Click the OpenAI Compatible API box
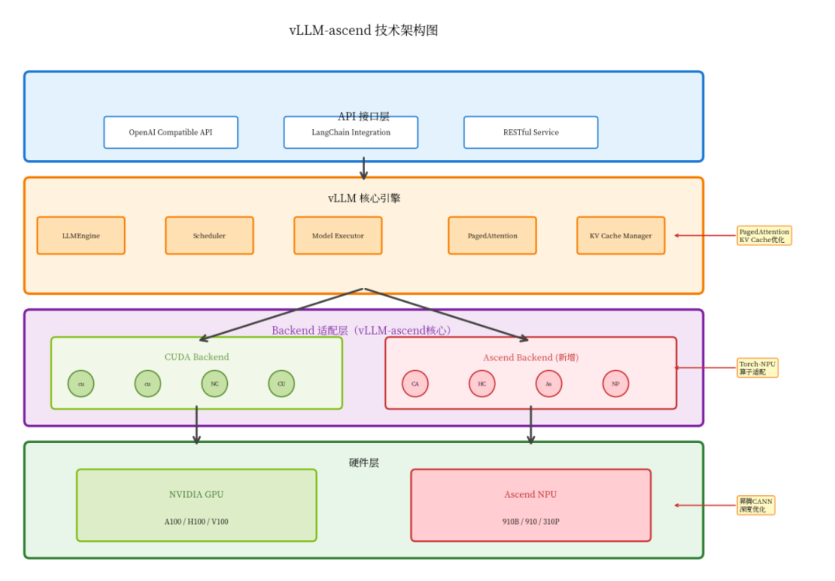(x=171, y=132)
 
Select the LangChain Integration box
(x=351, y=132)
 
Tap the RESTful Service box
(x=530, y=132)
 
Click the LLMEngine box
(x=81, y=235)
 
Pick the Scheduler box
(x=209, y=235)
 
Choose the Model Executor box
(x=338, y=235)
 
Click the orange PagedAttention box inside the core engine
(x=492, y=235)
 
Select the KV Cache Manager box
(x=620, y=235)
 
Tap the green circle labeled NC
(x=215, y=383)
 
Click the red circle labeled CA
(x=415, y=383)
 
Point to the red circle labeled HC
(x=482, y=383)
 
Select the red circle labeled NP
(x=615, y=383)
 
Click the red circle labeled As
(x=549, y=383)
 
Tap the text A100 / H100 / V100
(x=196, y=521)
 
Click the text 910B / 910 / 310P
(x=531, y=521)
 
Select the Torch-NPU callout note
(x=757, y=367)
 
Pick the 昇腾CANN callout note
(x=756, y=505)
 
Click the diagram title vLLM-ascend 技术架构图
(x=363, y=31)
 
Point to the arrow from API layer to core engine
(x=364, y=168)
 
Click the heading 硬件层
(x=364, y=463)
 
